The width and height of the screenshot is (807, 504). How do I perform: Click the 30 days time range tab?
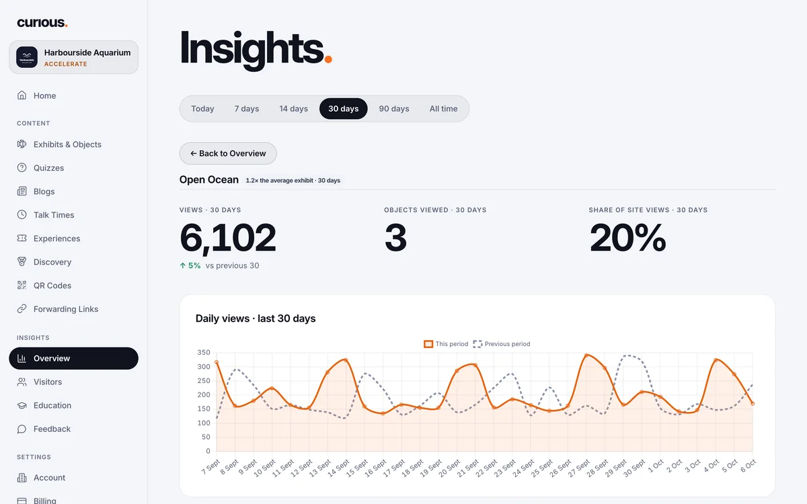[x=344, y=109]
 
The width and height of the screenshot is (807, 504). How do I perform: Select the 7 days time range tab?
[x=247, y=109]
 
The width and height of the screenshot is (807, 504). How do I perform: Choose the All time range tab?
[x=443, y=109]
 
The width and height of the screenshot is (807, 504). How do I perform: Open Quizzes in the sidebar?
[x=48, y=168]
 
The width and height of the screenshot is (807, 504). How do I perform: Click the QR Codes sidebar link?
[x=52, y=286]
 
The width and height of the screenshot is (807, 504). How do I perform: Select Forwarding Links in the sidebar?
[x=66, y=309]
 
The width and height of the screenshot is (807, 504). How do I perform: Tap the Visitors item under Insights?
[x=48, y=382]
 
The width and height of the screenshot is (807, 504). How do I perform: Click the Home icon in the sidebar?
[x=22, y=95]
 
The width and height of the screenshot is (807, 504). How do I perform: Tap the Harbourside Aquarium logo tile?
[x=27, y=57]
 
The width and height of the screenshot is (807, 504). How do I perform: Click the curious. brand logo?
[x=42, y=23]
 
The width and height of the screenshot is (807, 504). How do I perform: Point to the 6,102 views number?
[x=228, y=238]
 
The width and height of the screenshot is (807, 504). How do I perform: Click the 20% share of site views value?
[x=627, y=237]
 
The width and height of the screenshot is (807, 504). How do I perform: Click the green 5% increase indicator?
[x=190, y=265]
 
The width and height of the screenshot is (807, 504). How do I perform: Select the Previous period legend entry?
[x=502, y=344]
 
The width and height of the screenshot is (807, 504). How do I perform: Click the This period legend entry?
[x=446, y=344]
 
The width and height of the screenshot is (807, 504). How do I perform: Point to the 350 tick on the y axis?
[x=204, y=352]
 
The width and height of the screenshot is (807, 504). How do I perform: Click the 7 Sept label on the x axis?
[x=210, y=467]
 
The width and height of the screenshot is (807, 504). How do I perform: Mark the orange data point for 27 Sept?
[x=586, y=355]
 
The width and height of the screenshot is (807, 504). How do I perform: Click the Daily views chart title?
[x=256, y=319]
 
